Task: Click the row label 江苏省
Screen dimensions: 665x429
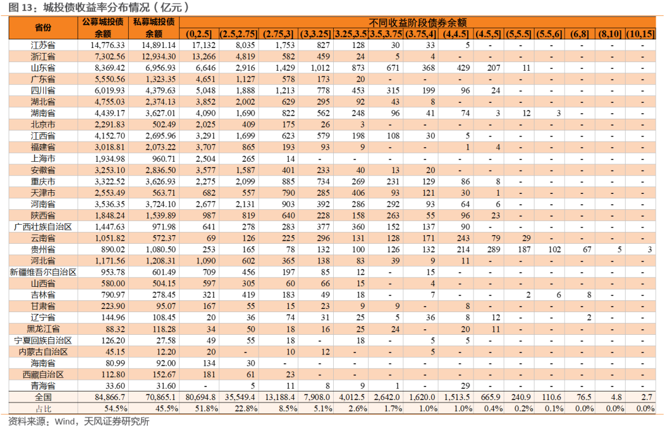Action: coord(43,45)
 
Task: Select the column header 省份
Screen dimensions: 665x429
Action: coord(43,28)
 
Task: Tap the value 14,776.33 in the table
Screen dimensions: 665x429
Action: coord(107,45)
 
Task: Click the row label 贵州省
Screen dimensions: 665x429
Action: coord(43,249)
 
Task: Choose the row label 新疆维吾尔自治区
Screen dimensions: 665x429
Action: coord(43,272)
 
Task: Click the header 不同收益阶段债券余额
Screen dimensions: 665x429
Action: coord(417,22)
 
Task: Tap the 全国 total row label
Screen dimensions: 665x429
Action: coord(43,397)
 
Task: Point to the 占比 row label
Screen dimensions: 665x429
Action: coord(43,409)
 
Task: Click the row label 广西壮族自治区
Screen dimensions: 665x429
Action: coord(43,227)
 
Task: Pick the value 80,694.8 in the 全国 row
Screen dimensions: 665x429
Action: coord(201,397)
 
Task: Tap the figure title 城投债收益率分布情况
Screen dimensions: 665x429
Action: coord(96,7)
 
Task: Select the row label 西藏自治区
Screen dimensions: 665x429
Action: coord(43,374)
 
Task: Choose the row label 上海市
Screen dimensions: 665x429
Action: coord(43,159)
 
